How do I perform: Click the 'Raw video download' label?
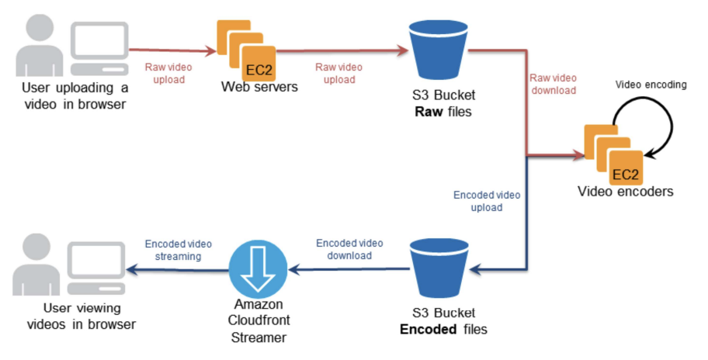pyautogui.click(x=553, y=84)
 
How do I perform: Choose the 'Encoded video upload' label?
pyautogui.click(x=487, y=201)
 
